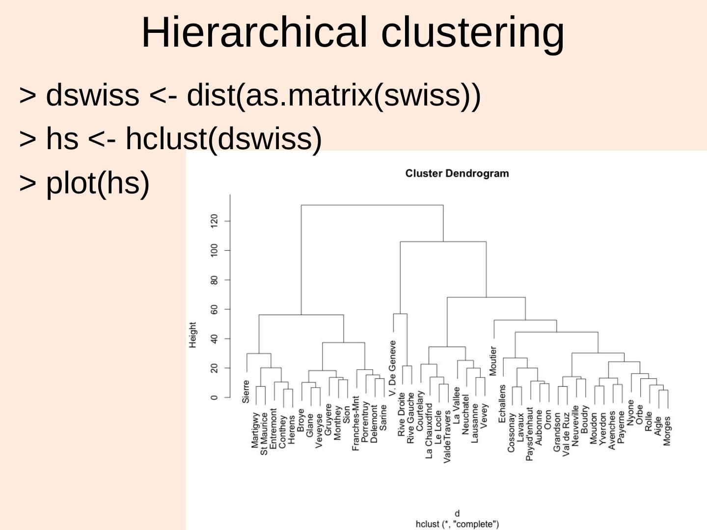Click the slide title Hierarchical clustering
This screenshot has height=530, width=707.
tap(353, 32)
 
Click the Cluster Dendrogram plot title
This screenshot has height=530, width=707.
tap(457, 173)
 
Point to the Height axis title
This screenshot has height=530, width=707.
tap(192, 335)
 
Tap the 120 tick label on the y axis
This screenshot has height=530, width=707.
tap(214, 221)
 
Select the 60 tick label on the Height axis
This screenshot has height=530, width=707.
tap(214, 309)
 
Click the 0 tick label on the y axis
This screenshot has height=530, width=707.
tap(214, 397)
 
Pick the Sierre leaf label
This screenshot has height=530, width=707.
tap(246, 391)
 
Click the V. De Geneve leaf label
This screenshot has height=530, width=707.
tap(392, 368)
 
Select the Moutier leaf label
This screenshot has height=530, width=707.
tap(493, 361)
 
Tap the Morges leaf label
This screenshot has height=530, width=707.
tap(667, 431)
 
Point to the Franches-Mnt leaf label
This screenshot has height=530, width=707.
tap(356, 423)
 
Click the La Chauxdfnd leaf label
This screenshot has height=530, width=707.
tap(429, 431)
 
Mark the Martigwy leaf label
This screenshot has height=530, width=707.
tap(255, 430)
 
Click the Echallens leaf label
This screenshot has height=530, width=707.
tap(502, 403)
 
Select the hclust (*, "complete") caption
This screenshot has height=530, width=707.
tap(457, 524)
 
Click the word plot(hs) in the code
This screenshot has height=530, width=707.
tap(97, 183)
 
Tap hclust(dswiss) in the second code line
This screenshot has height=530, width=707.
tap(223, 138)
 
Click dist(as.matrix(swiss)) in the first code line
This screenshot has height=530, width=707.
tap(334, 95)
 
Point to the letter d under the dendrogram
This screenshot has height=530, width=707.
tap(458, 514)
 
